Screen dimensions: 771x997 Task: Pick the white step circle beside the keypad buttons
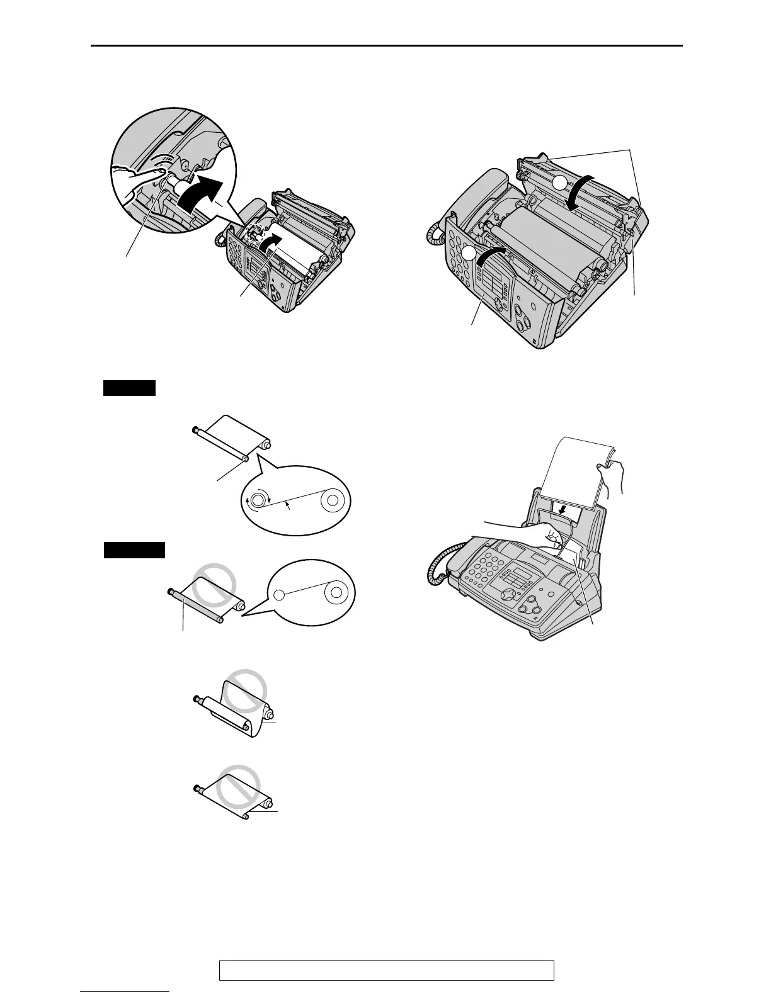tap(468, 253)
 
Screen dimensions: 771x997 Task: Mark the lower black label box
tap(134, 550)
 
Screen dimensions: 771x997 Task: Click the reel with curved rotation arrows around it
tap(257, 501)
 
